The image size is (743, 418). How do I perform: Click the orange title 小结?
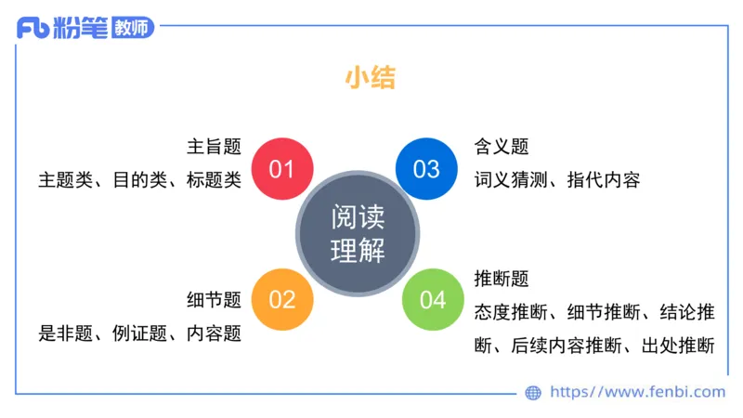371,78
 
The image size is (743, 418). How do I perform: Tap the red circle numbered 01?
281,168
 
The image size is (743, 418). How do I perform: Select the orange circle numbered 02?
281,299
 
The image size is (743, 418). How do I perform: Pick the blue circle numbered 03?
426,168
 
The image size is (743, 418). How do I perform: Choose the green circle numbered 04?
433,299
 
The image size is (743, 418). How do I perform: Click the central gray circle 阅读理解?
358,233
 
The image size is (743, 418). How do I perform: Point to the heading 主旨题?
214,147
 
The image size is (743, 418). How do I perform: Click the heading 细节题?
214,299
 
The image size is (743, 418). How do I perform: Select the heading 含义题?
502,147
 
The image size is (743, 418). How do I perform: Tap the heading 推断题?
502,278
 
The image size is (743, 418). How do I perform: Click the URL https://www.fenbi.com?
638,393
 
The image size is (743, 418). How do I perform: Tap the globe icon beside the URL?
533,393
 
